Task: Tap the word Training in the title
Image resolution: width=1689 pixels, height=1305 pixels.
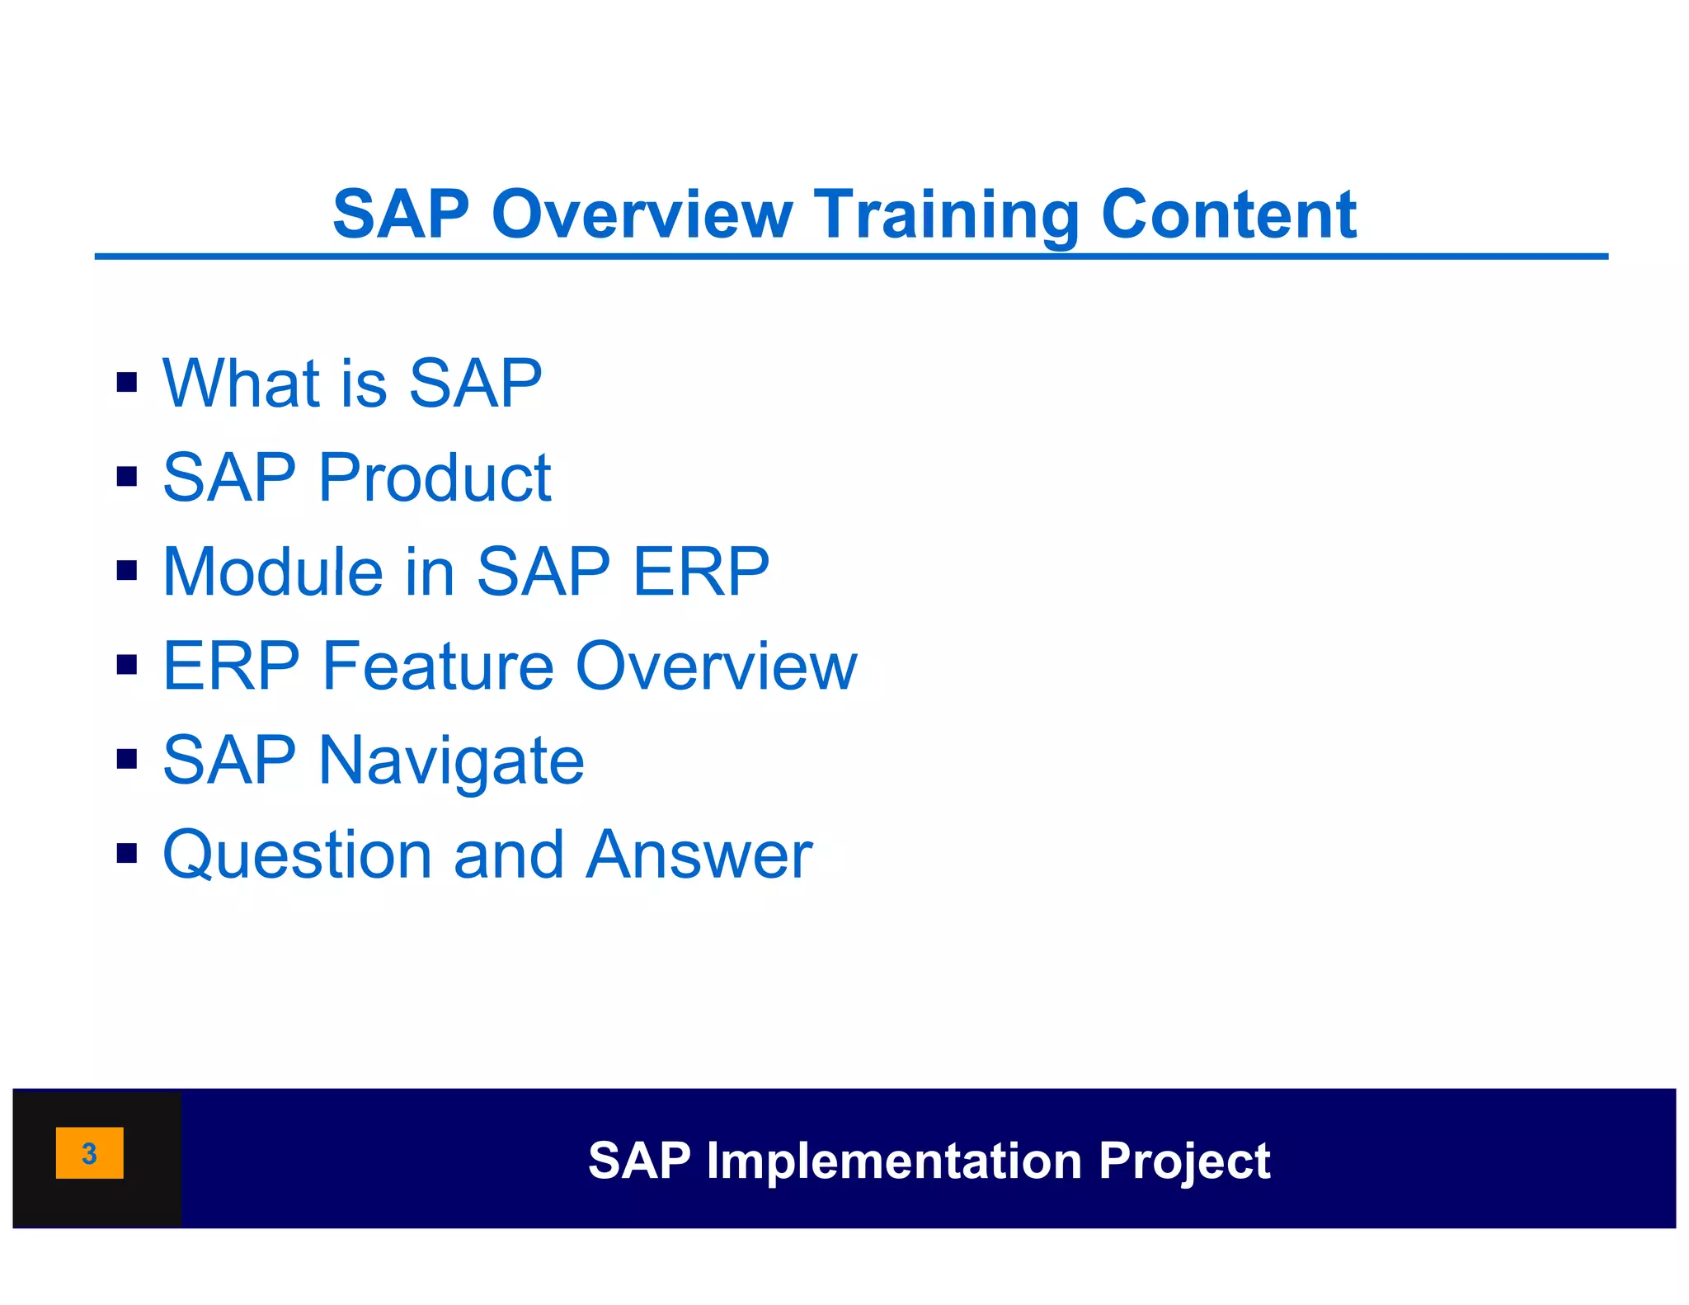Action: click(946, 216)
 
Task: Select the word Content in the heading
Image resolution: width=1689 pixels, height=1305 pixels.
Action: click(1228, 214)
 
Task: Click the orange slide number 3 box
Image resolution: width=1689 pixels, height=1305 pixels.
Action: click(89, 1152)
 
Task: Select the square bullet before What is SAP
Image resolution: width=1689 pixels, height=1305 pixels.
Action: click(126, 383)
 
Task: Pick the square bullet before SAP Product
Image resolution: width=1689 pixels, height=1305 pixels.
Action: click(126, 477)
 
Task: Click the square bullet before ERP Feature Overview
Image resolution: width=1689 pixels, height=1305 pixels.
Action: click(126, 665)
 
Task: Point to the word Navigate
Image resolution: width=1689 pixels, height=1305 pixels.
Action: click(451, 761)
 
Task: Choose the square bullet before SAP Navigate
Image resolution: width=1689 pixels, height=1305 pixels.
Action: click(126, 759)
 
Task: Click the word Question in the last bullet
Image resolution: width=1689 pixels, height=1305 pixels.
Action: click(296, 855)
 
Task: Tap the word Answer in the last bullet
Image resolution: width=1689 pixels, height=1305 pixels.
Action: click(699, 855)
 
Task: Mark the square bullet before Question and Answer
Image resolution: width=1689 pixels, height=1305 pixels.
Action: click(126, 853)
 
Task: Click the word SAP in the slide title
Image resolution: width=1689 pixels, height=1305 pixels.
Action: click(401, 214)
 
